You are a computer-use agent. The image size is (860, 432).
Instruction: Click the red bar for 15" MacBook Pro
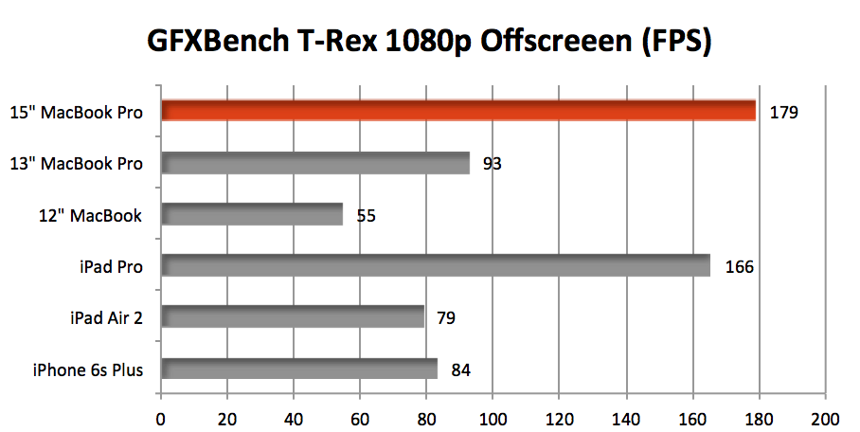tap(458, 112)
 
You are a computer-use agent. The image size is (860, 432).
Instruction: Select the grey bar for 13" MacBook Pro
tap(315, 163)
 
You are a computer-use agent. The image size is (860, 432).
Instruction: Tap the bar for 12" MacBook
tap(252, 215)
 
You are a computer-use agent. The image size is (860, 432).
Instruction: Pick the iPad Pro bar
tap(436, 266)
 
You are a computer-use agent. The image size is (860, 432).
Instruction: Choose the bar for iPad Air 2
tap(293, 317)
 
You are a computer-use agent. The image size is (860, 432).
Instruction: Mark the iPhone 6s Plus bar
tap(299, 369)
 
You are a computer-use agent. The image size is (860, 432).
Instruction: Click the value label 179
tap(784, 113)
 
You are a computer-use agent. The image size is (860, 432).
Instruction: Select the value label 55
tap(366, 215)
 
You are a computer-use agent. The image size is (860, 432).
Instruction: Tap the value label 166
tap(739, 267)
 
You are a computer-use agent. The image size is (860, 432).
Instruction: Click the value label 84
tap(461, 369)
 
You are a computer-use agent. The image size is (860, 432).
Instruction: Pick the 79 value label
tap(445, 318)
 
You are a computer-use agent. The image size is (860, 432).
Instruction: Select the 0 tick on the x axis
tap(161, 418)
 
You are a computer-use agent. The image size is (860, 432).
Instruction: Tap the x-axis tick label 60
tap(360, 418)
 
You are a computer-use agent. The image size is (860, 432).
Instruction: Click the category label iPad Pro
tap(112, 267)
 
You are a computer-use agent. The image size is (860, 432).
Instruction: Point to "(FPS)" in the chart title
tap(673, 43)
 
